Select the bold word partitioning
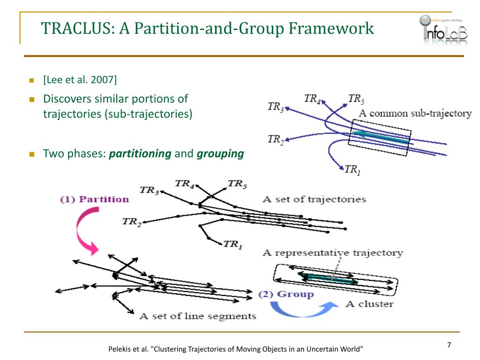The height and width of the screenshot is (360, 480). point(140,154)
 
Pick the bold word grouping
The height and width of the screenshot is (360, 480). point(220,154)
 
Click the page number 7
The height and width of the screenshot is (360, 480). point(449,345)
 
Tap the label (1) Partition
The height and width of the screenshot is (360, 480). point(94,199)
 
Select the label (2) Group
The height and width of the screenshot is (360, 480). point(286,294)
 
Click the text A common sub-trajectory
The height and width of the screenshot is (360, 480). point(415,113)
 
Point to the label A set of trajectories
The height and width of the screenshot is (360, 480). point(315,199)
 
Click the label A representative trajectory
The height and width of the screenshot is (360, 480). point(332,253)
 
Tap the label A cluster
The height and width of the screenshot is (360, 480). point(369,304)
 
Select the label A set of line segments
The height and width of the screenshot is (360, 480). point(197,316)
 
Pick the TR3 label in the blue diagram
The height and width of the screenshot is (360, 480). point(275,107)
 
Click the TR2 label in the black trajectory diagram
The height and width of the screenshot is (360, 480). point(132,222)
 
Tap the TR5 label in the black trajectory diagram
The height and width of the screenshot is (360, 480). point(237,184)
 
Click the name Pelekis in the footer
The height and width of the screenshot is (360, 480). point(121,349)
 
